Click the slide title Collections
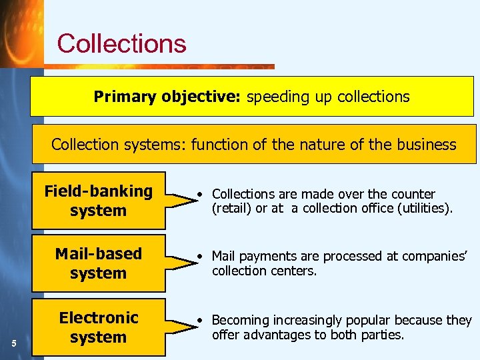click(x=121, y=43)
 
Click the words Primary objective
click(x=168, y=97)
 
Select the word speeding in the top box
click(x=271, y=97)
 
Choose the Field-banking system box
click(x=99, y=201)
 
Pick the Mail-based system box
click(x=99, y=263)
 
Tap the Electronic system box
click(x=99, y=327)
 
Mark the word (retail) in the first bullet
click(x=230, y=208)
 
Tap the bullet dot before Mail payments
click(x=201, y=257)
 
